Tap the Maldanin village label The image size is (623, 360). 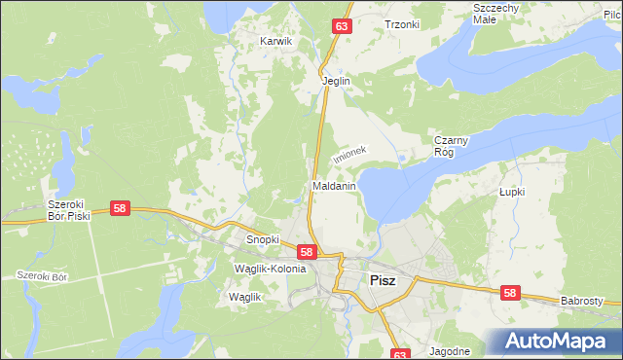click(334, 185)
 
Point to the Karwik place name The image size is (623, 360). click(276, 42)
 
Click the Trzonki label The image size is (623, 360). click(401, 24)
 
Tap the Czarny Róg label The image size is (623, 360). click(452, 146)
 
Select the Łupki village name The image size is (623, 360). click(511, 192)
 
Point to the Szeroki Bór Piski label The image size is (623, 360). click(69, 210)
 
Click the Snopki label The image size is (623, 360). click(263, 239)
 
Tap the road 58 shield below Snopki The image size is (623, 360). click(306, 251)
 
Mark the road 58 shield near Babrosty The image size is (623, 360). click(510, 291)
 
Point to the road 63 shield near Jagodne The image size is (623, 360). click(403, 354)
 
